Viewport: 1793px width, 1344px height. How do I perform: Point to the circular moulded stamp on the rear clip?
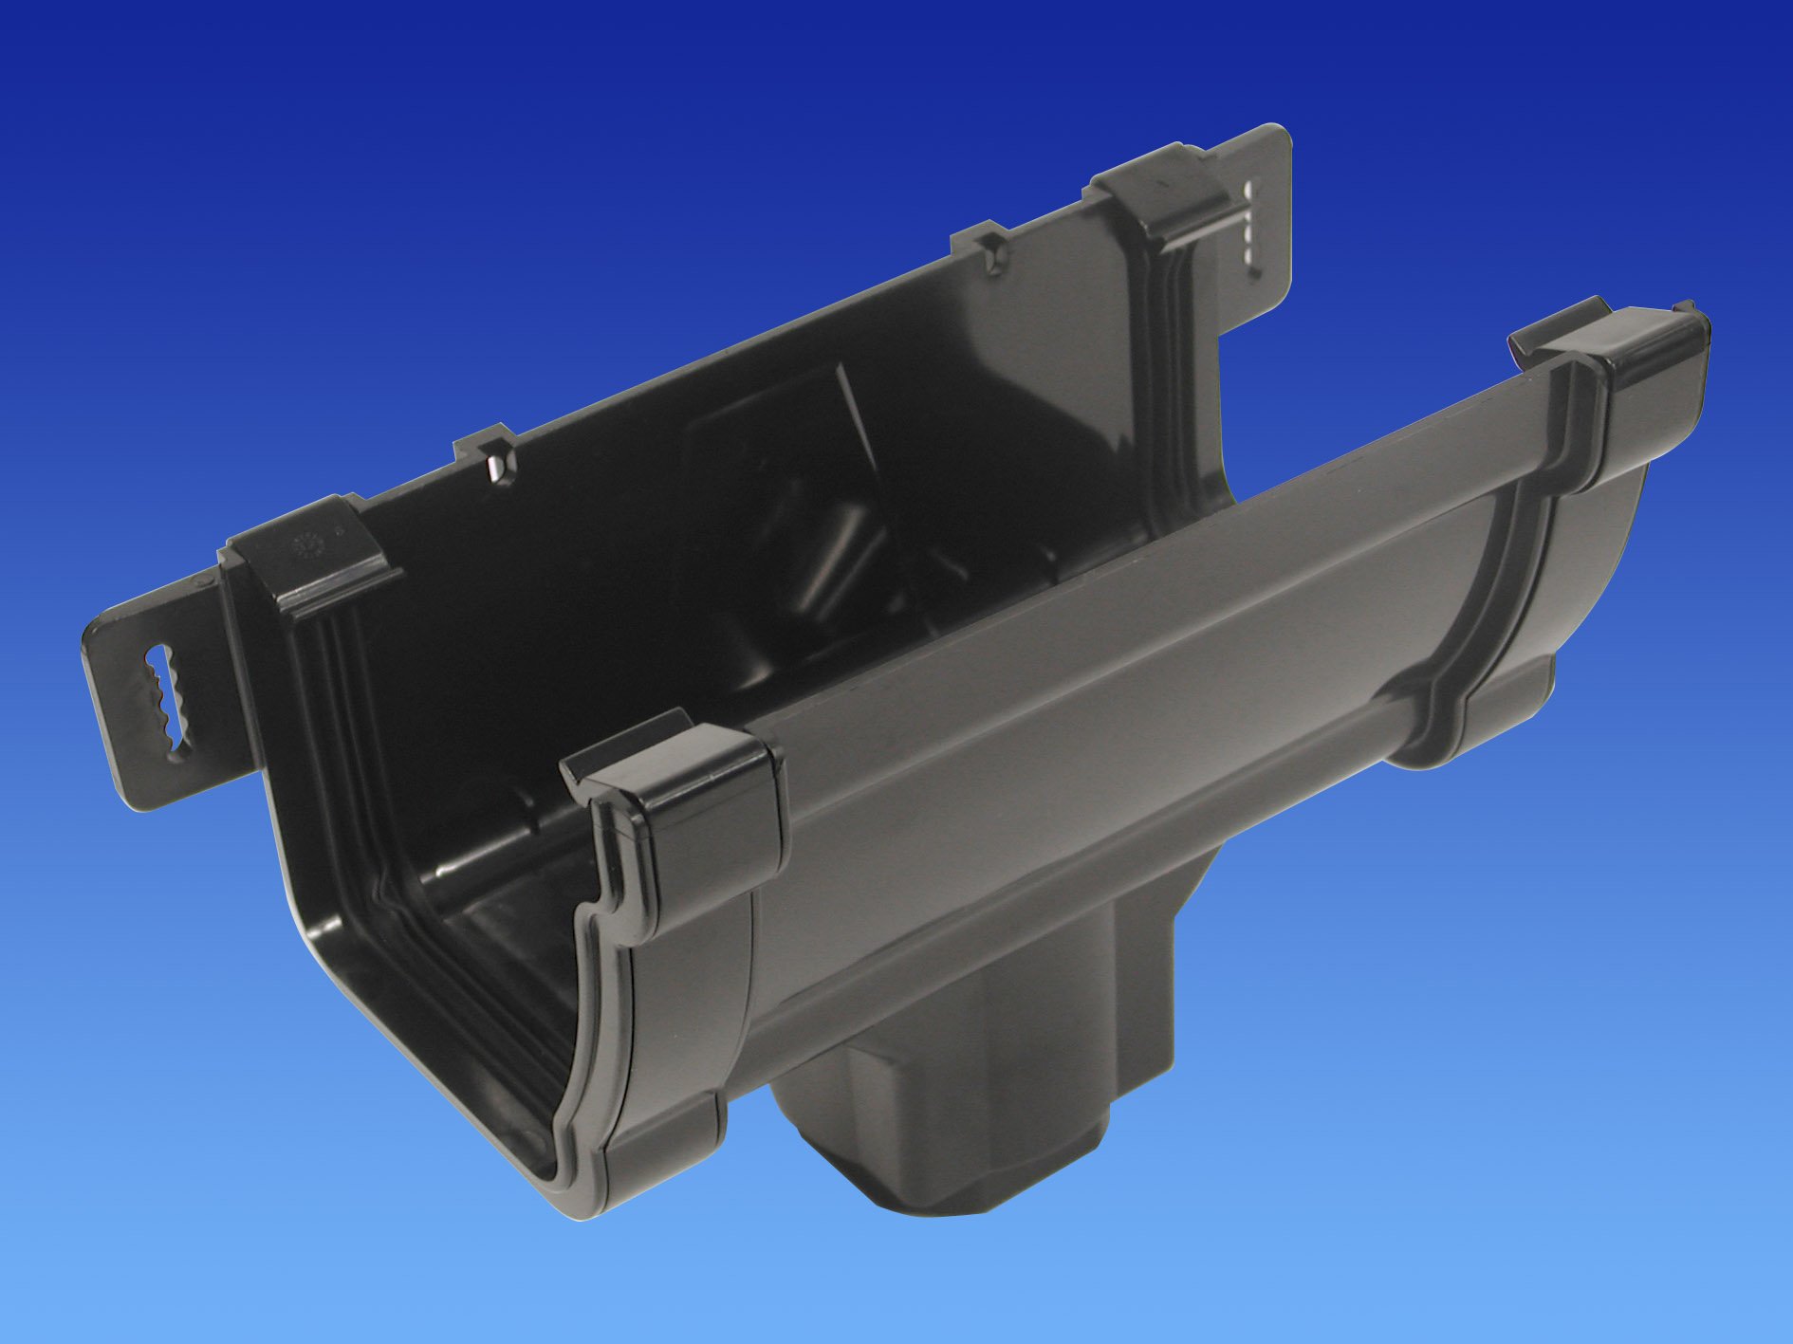(x=306, y=549)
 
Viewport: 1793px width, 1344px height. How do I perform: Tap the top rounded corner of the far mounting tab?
(x=1281, y=138)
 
